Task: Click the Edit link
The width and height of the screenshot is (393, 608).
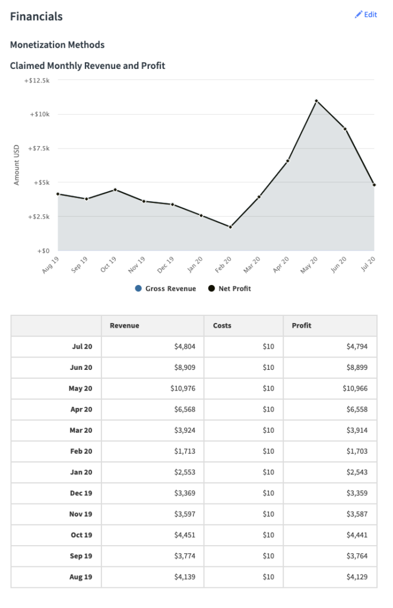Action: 366,15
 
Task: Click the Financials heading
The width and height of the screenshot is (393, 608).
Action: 36,17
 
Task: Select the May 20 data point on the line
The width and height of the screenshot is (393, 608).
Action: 316,101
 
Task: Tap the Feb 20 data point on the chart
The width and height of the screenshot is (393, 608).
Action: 230,227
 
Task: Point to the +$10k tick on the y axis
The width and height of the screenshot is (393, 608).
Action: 40,114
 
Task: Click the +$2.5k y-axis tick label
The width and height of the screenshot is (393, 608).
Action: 38,217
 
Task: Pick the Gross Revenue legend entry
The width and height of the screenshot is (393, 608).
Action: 166,289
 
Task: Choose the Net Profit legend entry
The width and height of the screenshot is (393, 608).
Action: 230,289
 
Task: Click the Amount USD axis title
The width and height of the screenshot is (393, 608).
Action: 17,165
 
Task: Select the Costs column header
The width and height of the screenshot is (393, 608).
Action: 222,325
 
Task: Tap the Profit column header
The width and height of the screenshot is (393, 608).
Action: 302,325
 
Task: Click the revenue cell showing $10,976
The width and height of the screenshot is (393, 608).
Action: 178,388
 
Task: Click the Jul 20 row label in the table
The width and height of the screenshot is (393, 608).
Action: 82,347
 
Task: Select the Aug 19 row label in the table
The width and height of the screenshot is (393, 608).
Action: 81,577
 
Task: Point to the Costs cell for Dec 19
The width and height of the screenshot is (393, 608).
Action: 268,493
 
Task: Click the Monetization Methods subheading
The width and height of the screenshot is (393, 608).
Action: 58,45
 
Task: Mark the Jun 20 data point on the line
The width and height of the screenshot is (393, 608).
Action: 345,129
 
